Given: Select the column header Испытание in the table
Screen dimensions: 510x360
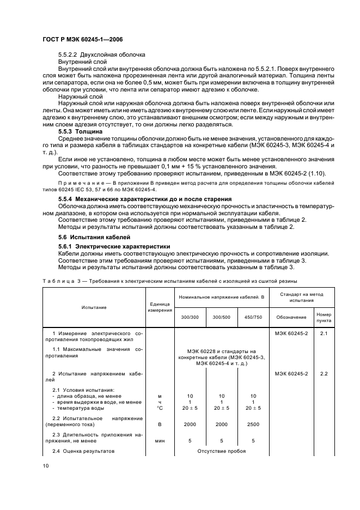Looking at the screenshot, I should [x=94, y=307].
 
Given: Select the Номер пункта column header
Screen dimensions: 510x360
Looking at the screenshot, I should [x=324, y=317].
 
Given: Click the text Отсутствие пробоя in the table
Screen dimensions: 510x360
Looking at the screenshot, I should [x=222, y=451].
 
